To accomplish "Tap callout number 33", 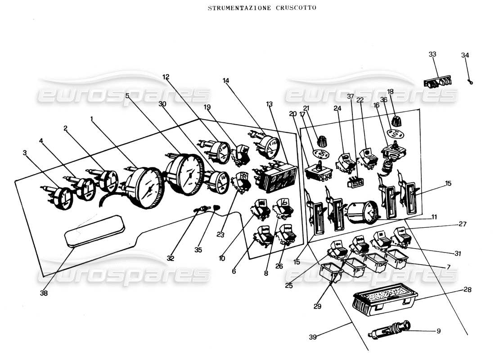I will [432, 54].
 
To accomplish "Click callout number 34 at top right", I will [465, 55].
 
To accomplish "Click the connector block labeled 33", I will [437, 82].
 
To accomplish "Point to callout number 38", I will [44, 293].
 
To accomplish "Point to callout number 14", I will [226, 81].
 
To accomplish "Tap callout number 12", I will [166, 77].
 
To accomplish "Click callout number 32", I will [170, 258].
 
